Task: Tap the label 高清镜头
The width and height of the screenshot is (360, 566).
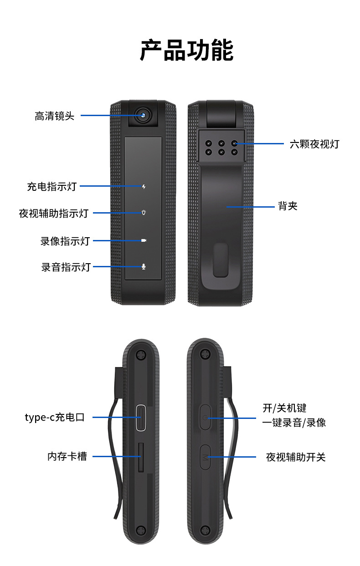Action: pos(54,116)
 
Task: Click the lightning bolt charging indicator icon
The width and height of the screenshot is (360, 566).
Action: pos(144,187)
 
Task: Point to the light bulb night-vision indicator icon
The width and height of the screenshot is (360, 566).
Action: pos(144,213)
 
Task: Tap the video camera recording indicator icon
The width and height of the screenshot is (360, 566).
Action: pos(144,240)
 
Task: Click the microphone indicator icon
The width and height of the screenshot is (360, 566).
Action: pos(144,266)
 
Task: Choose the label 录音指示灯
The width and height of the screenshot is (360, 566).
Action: pos(66,267)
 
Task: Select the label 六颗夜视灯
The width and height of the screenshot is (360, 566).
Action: pos(314,144)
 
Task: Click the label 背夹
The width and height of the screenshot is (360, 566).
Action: pos(288,206)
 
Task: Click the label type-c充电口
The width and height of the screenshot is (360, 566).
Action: pos(55,418)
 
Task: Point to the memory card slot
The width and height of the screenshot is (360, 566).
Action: pos(140,456)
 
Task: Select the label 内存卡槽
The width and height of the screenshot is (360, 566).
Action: pos(67,456)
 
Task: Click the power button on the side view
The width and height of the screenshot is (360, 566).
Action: pos(205,417)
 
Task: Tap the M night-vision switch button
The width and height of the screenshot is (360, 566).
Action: pos(205,457)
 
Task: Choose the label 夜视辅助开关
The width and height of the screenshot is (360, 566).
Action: pos(296,457)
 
